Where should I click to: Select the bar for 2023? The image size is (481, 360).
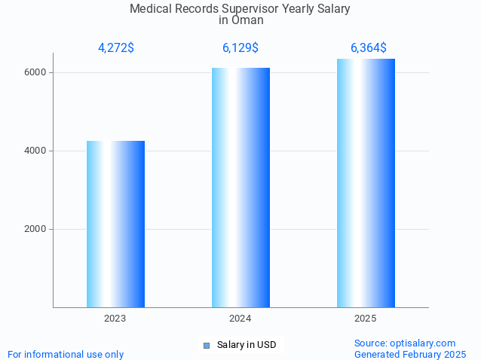(x=115, y=224)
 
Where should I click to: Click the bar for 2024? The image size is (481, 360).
(x=240, y=188)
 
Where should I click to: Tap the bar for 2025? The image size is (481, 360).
(x=366, y=183)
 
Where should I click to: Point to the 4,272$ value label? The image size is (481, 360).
(x=116, y=48)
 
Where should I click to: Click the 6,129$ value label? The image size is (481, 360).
(x=240, y=48)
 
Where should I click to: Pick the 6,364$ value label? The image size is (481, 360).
(x=369, y=48)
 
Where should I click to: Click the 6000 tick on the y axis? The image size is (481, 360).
(x=35, y=72)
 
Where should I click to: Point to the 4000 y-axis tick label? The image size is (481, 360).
(x=35, y=151)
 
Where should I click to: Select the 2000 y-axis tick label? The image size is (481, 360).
(x=35, y=229)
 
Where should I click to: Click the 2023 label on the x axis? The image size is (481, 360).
(x=115, y=319)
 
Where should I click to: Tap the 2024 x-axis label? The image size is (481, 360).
(x=240, y=319)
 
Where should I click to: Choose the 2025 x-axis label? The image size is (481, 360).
(x=366, y=319)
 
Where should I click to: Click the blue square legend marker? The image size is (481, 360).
(x=206, y=346)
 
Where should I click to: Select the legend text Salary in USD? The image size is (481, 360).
(x=247, y=345)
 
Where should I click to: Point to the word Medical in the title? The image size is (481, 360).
(x=151, y=9)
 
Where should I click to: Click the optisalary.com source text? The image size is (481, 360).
(x=405, y=343)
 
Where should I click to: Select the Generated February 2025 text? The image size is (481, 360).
(x=410, y=354)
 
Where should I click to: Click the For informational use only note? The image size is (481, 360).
(x=66, y=354)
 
